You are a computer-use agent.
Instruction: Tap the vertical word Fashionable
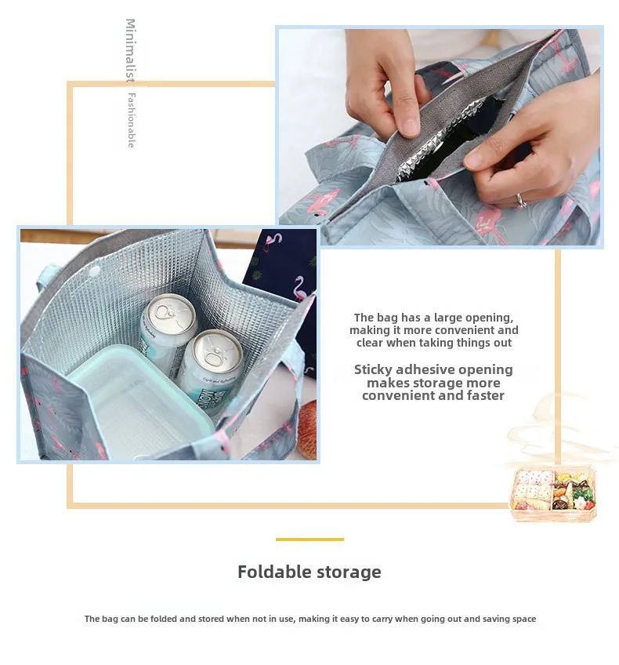point(131,120)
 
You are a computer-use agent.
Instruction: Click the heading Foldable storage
point(309,572)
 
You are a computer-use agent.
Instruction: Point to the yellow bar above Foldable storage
point(309,540)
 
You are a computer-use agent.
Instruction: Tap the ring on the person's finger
point(522,200)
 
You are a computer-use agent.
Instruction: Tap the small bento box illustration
point(553,494)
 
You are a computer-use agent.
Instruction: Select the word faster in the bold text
point(486,395)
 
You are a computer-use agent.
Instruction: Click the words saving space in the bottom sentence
point(510,619)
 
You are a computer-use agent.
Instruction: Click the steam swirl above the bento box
point(548,431)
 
